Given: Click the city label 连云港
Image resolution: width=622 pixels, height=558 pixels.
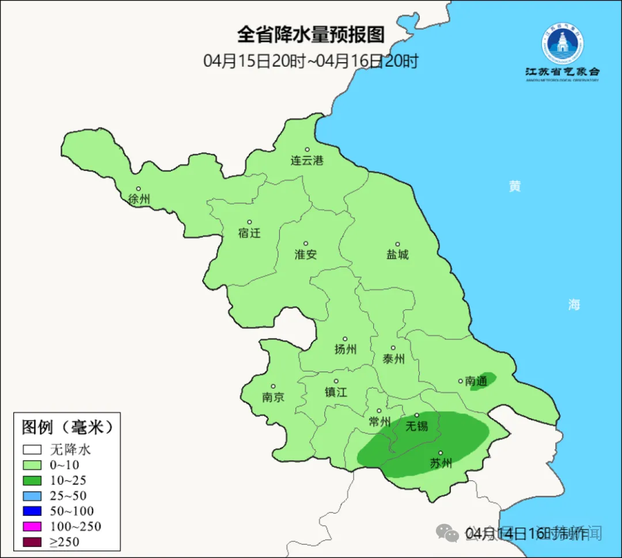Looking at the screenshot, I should click(307, 161).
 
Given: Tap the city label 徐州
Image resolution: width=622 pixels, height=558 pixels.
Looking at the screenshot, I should click(139, 199).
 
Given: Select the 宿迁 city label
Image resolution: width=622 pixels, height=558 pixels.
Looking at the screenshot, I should click(249, 233).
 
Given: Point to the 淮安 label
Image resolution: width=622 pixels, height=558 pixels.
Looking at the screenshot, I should click(306, 254).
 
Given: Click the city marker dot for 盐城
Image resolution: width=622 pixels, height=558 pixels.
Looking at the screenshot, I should click(397, 244).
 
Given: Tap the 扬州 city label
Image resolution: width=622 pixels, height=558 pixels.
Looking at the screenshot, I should click(346, 349).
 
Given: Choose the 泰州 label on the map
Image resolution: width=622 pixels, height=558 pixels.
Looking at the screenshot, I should click(393, 359).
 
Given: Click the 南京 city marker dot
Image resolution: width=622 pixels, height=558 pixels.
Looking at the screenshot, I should click(273, 387).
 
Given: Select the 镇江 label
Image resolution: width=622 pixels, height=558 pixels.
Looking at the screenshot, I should click(336, 392).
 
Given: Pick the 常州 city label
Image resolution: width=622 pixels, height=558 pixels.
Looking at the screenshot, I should click(380, 422).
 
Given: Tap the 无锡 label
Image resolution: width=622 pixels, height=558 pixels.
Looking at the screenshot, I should click(417, 426).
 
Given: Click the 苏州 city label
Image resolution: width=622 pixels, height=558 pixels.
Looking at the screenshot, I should click(441, 463).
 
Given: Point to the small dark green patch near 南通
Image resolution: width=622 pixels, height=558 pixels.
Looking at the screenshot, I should click(483, 381).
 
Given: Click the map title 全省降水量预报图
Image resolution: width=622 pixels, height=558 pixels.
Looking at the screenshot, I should click(310, 35).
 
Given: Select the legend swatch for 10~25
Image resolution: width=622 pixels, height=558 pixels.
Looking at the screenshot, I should click(32, 480).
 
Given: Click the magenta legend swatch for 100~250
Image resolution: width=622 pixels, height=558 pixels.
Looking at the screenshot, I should click(32, 526).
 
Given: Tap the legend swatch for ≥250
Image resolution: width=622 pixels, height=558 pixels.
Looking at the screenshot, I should click(32, 542).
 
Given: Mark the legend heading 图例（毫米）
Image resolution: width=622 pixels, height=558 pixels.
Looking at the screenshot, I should click(67, 427).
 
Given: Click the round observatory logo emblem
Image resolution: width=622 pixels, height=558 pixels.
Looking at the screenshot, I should click(562, 44).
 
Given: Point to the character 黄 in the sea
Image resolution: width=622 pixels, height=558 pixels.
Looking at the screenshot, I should click(514, 186).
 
